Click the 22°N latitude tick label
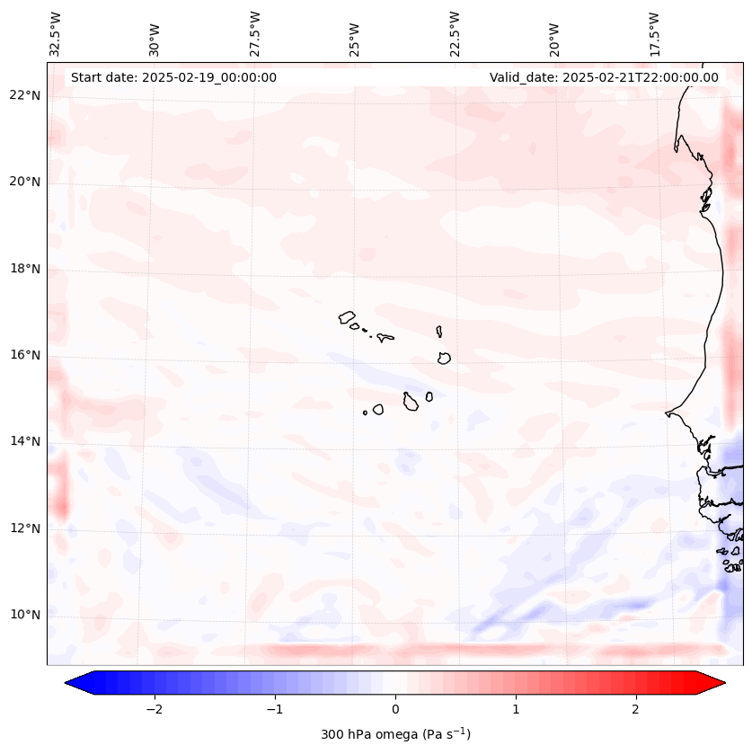coord(25,95)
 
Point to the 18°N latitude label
coord(25,269)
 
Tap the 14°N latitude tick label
coord(25,441)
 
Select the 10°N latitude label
coord(25,615)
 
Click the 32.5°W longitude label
coord(56,33)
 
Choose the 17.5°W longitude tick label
coord(653,33)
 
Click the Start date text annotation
coord(173,77)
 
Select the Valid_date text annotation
coord(604,77)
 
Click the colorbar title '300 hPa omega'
coord(395,734)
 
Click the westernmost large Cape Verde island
coord(347,317)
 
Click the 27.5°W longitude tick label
coord(255,33)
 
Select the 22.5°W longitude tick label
coord(455,33)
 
